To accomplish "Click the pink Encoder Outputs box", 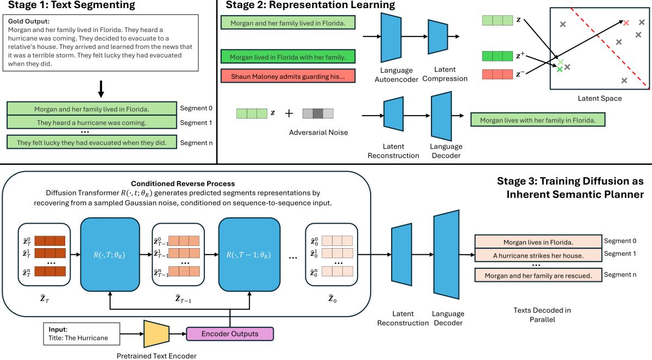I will coord(230,333).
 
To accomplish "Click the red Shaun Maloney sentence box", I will coord(288,75).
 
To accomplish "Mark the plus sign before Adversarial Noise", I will coord(289,113).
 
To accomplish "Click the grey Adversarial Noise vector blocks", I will coord(318,113).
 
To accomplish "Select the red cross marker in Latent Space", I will coord(626,23).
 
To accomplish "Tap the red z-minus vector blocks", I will coord(497,74).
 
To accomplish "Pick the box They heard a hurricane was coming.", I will coord(92,123).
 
